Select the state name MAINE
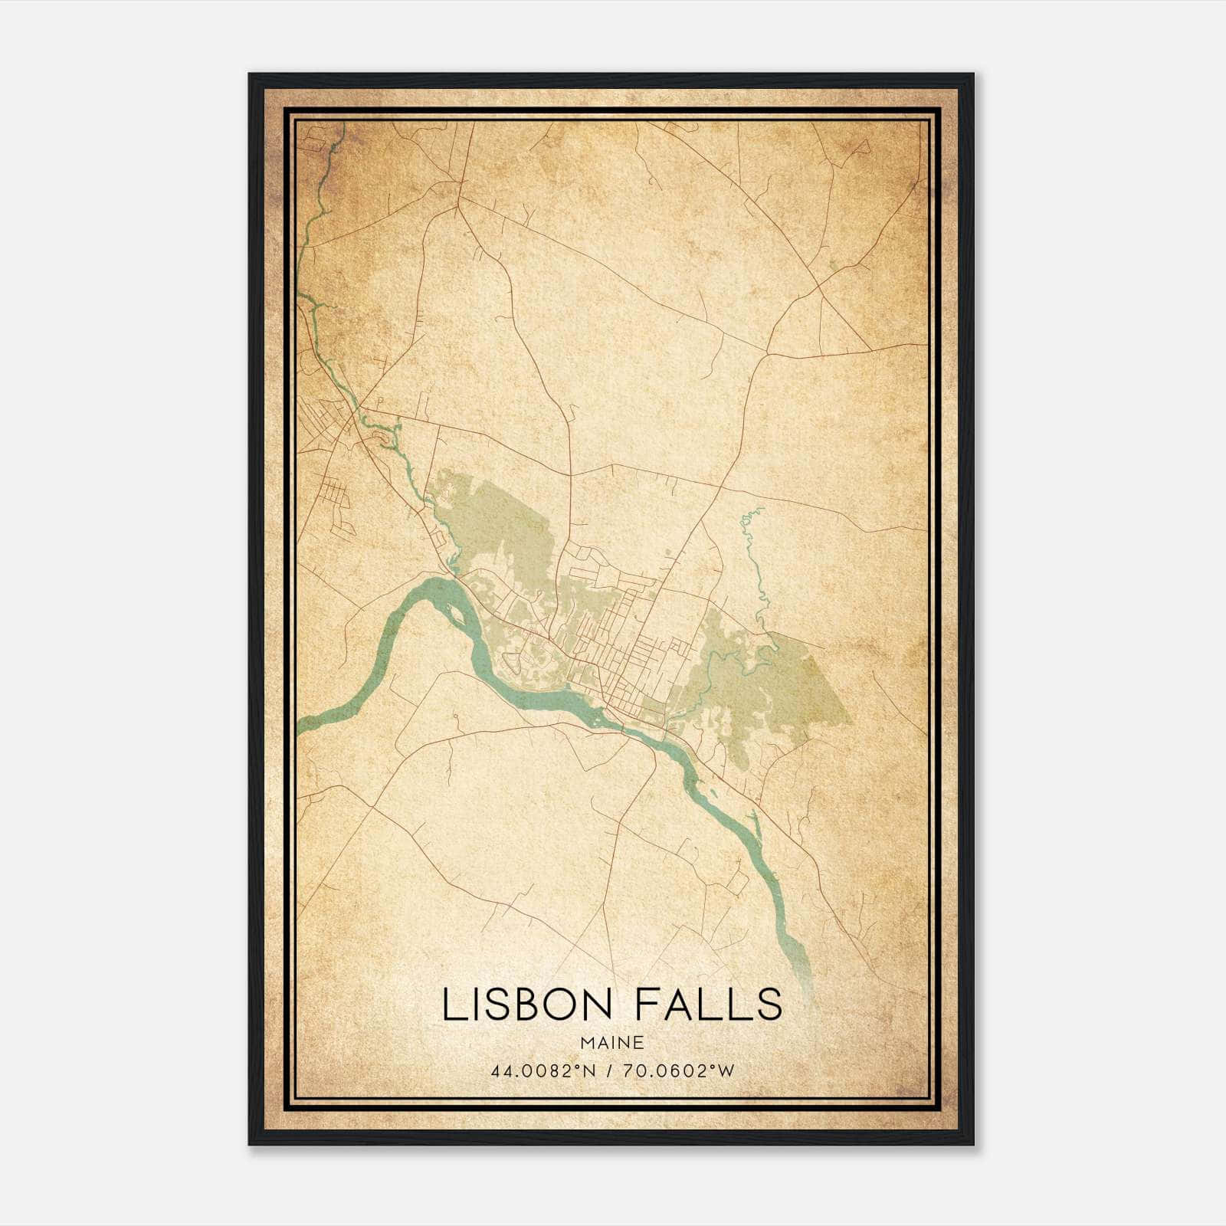pyautogui.click(x=611, y=1043)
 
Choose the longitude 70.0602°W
pyautogui.click(x=679, y=1070)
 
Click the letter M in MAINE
pyautogui.click(x=588, y=1043)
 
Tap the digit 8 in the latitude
pyautogui.click(x=557, y=1070)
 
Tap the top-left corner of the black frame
pyautogui.click(x=250, y=75)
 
